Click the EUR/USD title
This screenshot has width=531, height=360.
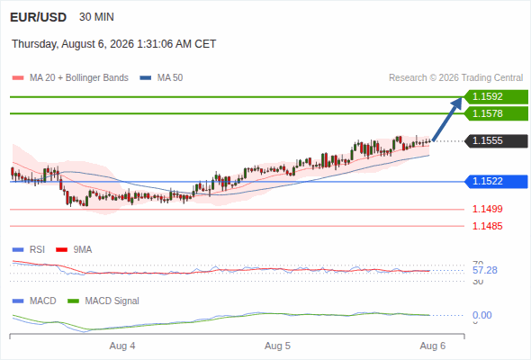point(39,17)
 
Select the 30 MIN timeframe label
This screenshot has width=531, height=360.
point(96,17)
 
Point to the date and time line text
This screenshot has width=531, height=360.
point(113,44)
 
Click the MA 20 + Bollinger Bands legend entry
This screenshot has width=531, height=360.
point(70,78)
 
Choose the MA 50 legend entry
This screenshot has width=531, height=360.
point(161,78)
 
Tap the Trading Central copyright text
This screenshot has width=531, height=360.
point(455,78)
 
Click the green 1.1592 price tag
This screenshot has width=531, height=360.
point(496,97)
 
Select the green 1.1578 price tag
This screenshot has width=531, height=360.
point(496,113)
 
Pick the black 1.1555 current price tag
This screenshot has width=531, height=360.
point(496,141)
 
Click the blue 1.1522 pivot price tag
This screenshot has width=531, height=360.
point(496,182)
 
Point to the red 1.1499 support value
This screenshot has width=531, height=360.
point(487,209)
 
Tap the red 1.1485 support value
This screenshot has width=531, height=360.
point(487,226)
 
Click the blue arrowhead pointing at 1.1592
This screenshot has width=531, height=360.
point(457,103)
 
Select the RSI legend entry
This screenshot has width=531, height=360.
point(29,250)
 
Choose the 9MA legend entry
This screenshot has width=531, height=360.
point(74,250)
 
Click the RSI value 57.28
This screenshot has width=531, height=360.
point(485,270)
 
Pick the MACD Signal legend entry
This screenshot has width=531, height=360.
point(103,301)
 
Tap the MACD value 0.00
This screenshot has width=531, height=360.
point(481,315)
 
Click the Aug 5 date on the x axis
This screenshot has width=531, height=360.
point(278,346)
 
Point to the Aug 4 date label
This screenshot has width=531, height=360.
point(122,346)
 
